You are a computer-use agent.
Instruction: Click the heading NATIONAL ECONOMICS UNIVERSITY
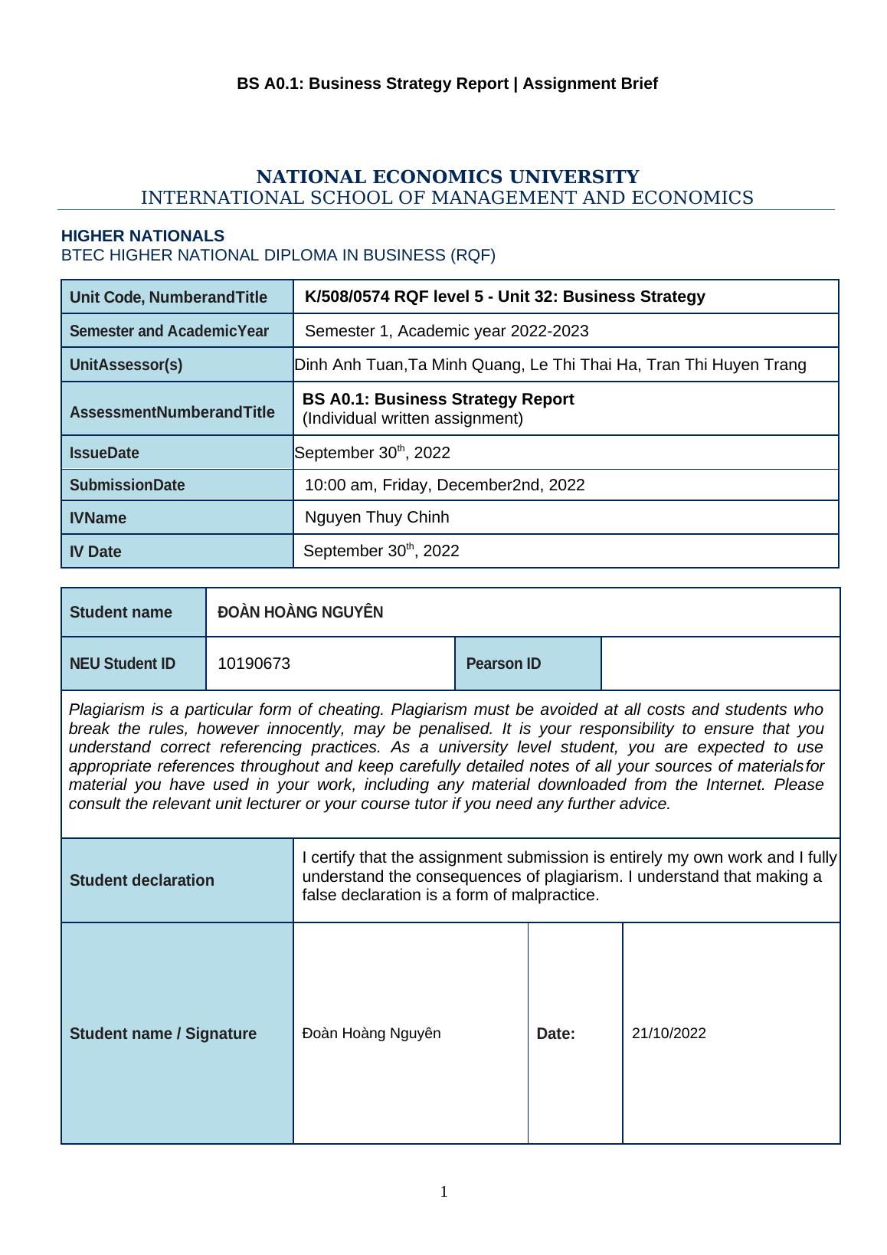[x=447, y=177]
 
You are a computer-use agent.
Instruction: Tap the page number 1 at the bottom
[x=443, y=1191]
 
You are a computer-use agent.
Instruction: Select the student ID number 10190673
[x=254, y=664]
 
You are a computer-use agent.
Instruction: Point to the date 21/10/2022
[x=669, y=1033]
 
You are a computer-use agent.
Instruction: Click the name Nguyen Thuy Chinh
[x=377, y=517]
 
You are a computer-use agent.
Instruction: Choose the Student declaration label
[x=142, y=880]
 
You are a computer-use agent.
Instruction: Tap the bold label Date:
[x=555, y=1034]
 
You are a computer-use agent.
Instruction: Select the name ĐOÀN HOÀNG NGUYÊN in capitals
[x=300, y=612]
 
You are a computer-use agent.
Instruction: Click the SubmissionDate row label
[x=127, y=485]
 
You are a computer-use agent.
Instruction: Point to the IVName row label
[x=98, y=518]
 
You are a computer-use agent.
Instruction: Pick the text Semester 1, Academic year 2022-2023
[x=447, y=331]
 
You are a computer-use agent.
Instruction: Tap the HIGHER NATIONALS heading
[x=142, y=236]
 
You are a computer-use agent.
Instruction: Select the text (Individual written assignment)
[x=413, y=418]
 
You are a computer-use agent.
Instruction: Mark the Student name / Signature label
[x=163, y=1034]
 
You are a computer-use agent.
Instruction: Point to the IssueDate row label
[x=104, y=453]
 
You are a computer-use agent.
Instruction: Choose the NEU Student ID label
[x=123, y=664]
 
